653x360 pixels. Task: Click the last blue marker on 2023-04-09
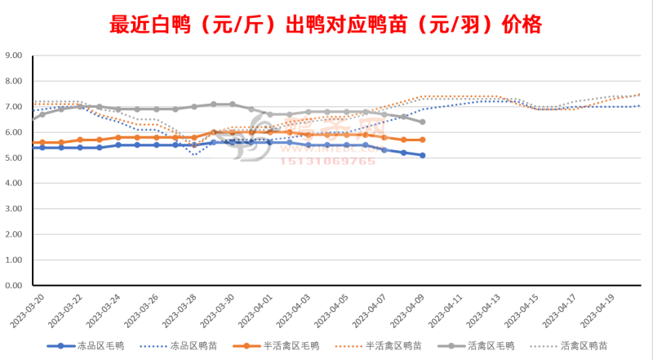point(422,155)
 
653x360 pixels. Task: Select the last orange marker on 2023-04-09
point(422,140)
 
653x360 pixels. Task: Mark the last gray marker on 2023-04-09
point(422,122)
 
